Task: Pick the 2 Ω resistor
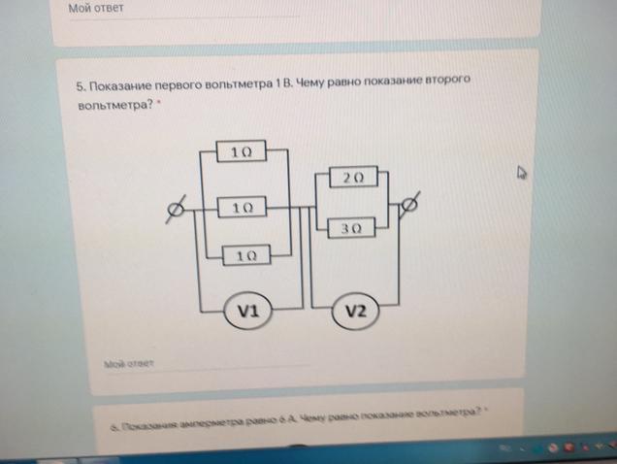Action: point(352,178)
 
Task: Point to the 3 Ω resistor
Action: point(352,229)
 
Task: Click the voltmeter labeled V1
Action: point(246,312)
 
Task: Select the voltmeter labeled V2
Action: point(355,312)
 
